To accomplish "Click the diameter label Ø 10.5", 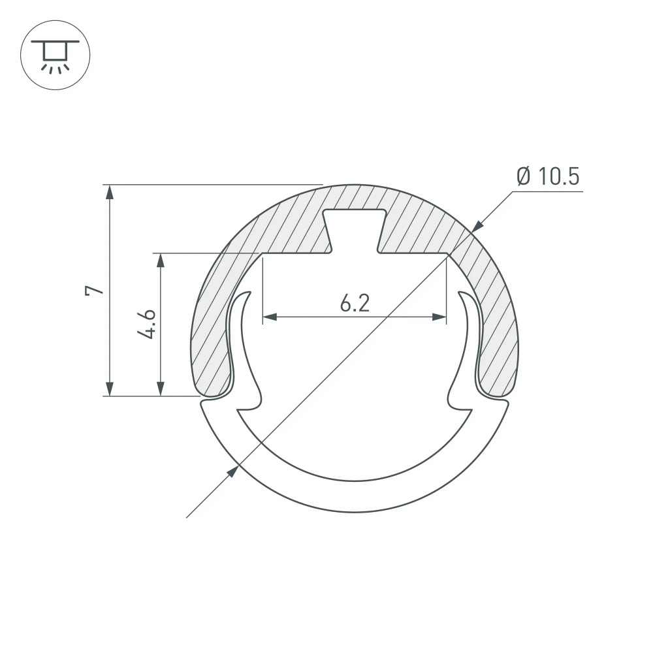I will (x=547, y=176).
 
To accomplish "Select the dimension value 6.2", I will (x=355, y=303).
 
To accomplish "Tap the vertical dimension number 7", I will (x=95, y=291).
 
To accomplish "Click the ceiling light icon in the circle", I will (x=55, y=55).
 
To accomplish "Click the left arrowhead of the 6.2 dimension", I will (x=270, y=317).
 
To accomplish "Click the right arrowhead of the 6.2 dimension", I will (x=439, y=317).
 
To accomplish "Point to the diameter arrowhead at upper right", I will (x=477, y=225).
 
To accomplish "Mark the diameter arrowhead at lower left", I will (x=231, y=472).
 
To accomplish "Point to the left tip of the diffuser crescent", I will (x=204, y=407).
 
